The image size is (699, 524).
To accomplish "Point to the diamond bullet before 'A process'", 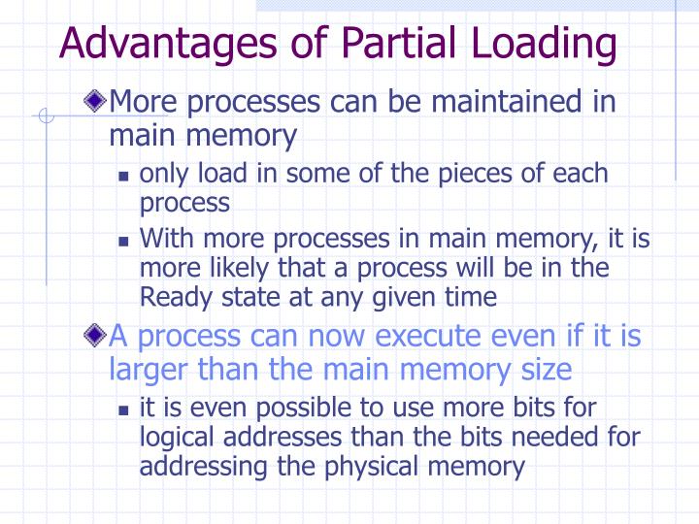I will [x=94, y=337].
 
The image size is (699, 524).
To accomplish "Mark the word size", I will [x=544, y=371].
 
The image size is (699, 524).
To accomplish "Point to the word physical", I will [x=378, y=466].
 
